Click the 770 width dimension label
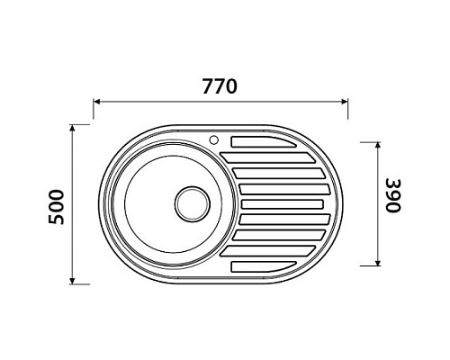tap(220, 87)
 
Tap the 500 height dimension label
tap(57, 205)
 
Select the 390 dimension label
tap(392, 201)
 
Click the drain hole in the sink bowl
tap(191, 202)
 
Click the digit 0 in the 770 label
tap(232, 87)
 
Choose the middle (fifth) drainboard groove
tap(284, 203)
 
